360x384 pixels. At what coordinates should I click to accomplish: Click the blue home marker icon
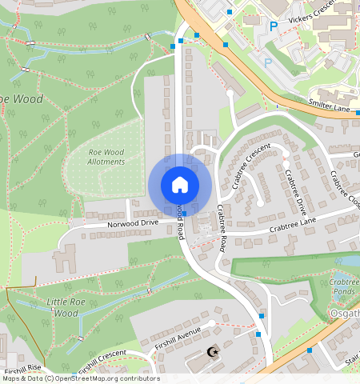(180, 185)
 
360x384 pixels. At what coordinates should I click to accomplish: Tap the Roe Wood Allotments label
(106, 156)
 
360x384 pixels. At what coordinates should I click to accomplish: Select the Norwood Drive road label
(133, 224)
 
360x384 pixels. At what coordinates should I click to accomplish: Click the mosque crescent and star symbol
(212, 351)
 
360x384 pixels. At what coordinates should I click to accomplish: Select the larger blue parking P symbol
(274, 26)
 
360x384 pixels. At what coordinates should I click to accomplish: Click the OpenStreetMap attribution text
(80, 378)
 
